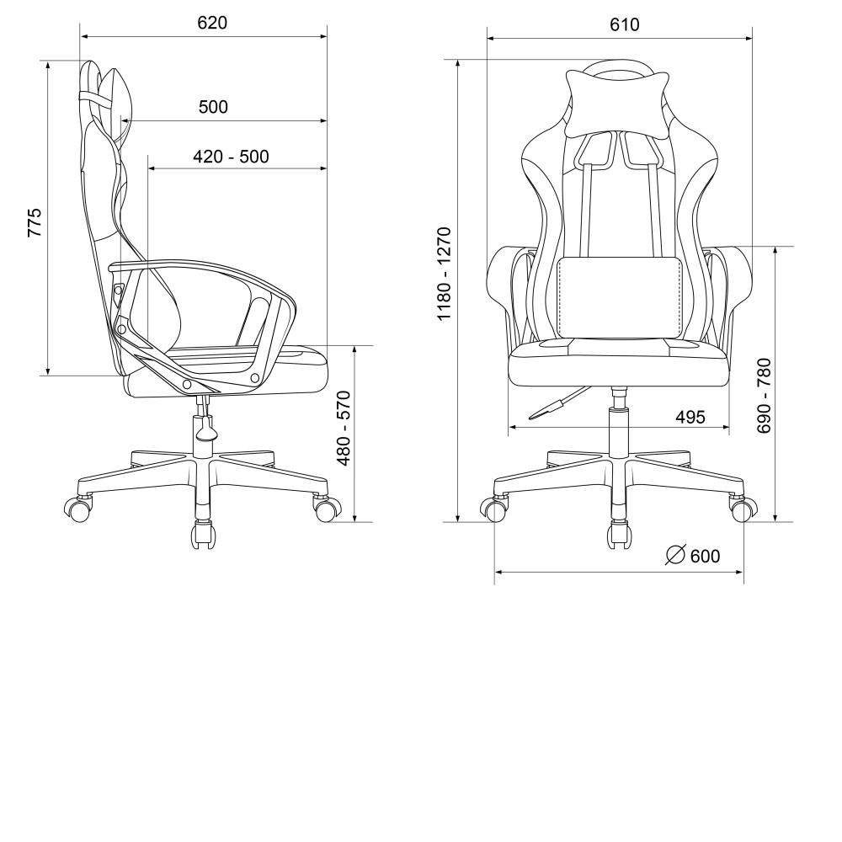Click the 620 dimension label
pyautogui.click(x=212, y=23)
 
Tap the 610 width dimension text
pyautogui.click(x=625, y=24)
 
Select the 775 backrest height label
pyautogui.click(x=35, y=222)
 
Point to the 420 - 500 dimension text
pyautogui.click(x=231, y=157)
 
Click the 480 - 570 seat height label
pyautogui.click(x=344, y=429)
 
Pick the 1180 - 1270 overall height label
pyautogui.click(x=445, y=274)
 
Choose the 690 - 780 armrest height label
pyautogui.click(x=763, y=396)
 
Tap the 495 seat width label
pyautogui.click(x=690, y=417)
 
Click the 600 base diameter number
pyautogui.click(x=705, y=557)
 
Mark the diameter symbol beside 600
pyautogui.click(x=675, y=555)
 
